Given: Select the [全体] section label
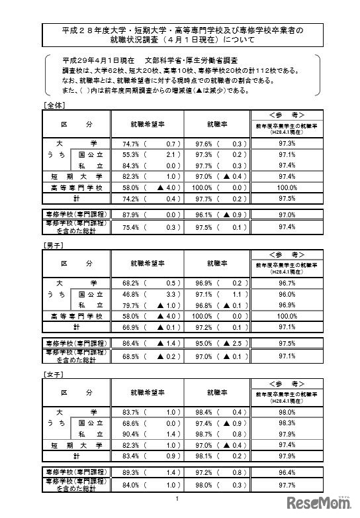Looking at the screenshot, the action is (x=52, y=105).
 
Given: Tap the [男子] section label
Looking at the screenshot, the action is (x=52, y=244).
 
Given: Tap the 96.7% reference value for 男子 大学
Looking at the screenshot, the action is (x=287, y=282).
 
